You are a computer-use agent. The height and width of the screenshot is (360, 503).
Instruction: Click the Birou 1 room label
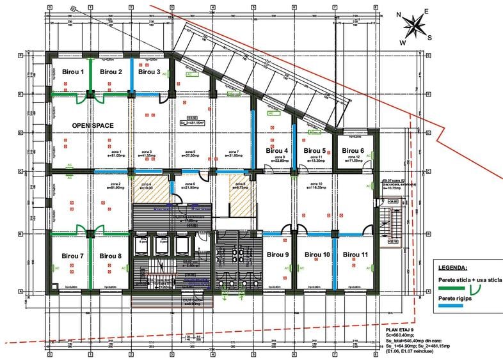point(73,72)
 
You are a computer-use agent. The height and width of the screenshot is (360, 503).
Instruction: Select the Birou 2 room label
point(111,72)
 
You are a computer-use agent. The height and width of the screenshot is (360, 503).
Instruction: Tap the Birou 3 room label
point(149,72)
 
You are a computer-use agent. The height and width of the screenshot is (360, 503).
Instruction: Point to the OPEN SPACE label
point(93,126)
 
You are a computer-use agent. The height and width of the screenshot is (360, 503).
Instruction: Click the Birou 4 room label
point(277,151)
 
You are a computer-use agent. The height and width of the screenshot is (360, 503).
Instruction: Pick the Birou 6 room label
point(353,150)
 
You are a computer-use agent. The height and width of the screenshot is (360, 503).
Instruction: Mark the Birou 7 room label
point(73,256)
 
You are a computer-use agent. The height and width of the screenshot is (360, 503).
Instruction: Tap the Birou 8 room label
point(111,256)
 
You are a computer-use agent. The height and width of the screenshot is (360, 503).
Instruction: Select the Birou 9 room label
point(277,254)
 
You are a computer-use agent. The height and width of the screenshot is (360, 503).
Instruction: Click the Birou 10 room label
point(317,254)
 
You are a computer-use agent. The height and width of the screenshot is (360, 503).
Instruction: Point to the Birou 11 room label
point(355,254)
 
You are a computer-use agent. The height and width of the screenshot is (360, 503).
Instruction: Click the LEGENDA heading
point(453,267)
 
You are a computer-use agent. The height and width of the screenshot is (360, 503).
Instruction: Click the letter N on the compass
point(398,14)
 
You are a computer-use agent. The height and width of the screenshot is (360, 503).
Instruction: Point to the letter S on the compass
point(429,37)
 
